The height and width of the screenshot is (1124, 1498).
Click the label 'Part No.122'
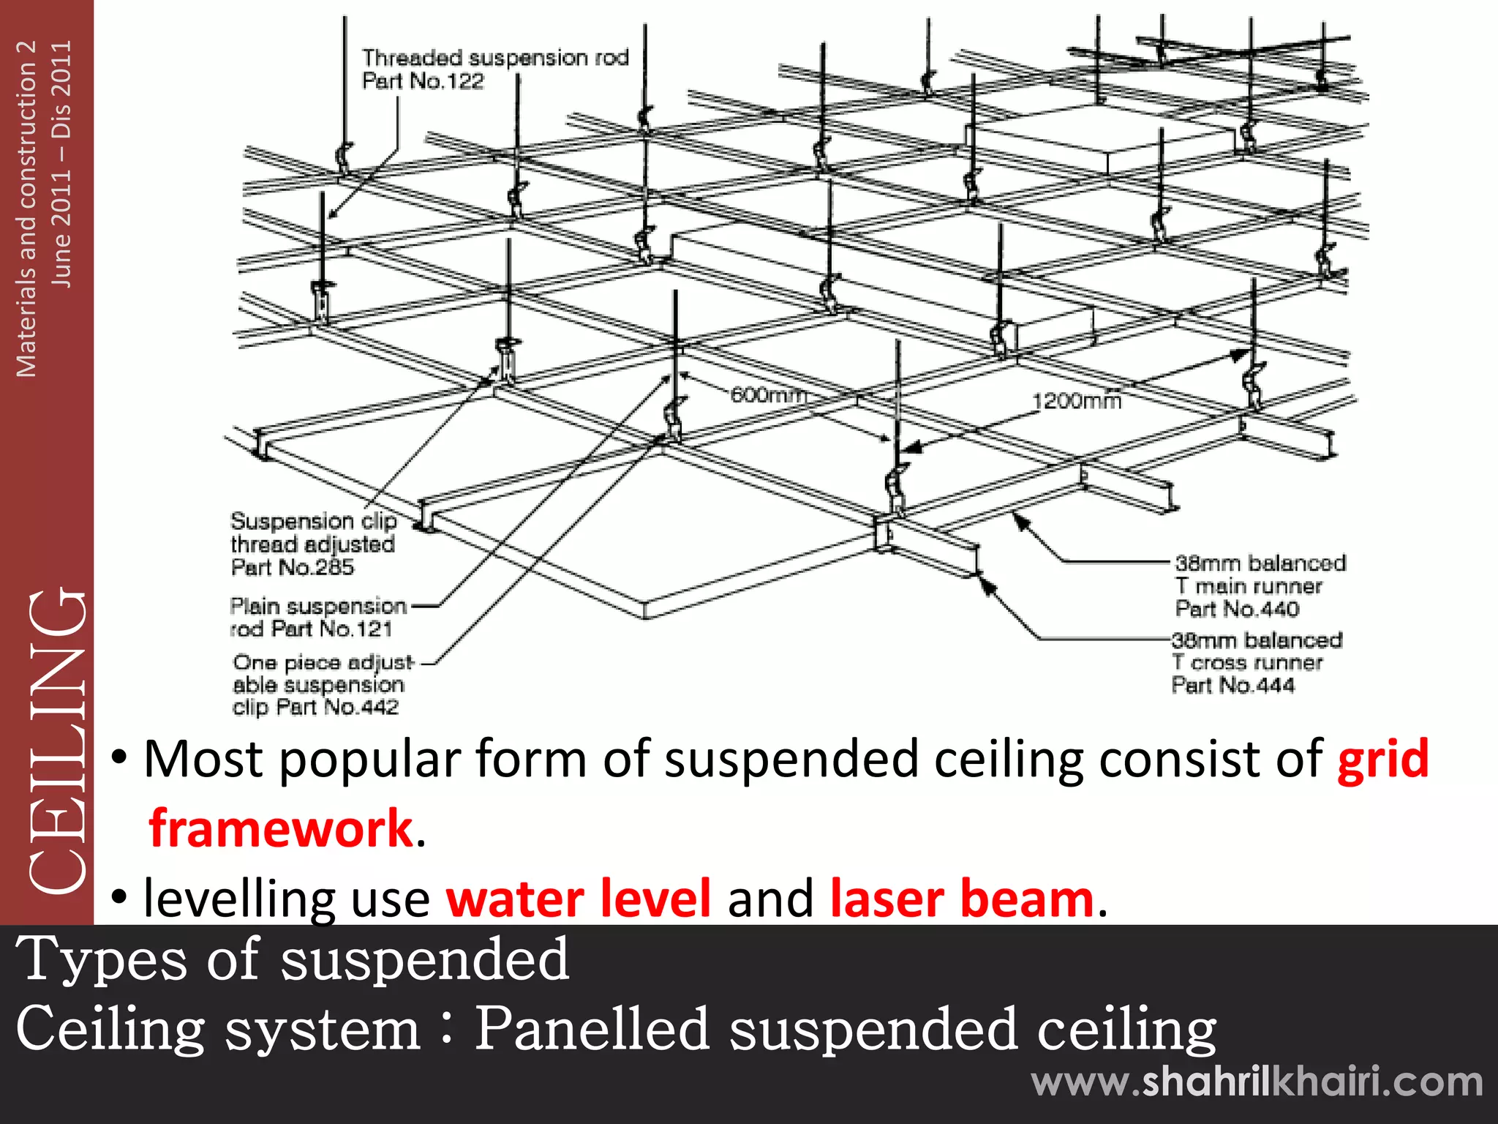(423, 81)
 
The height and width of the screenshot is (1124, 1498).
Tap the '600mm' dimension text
(768, 395)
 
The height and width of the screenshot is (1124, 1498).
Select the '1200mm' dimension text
(1076, 401)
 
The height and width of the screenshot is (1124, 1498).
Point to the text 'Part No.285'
(293, 567)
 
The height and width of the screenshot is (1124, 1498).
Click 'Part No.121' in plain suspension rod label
(331, 629)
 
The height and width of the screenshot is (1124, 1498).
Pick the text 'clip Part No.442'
(315, 707)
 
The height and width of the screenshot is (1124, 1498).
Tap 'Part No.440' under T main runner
(1237, 609)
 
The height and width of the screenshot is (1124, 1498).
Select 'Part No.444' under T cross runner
(1232, 686)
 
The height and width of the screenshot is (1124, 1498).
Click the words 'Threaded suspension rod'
(495, 58)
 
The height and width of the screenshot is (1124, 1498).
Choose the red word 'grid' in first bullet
(1382, 759)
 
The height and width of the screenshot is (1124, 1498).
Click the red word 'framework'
(282, 828)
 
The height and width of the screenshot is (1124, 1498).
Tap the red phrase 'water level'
(578, 899)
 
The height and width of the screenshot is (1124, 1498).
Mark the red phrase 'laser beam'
(962, 899)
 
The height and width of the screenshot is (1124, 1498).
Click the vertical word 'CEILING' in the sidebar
(59, 739)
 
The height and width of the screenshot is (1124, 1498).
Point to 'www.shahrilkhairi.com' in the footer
(1257, 1082)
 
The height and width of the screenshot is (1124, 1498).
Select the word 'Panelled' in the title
(592, 1028)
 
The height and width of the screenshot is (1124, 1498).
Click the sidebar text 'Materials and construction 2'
(26, 209)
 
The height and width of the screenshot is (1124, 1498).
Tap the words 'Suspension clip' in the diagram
(314, 521)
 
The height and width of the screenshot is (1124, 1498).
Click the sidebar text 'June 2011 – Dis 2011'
(61, 164)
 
